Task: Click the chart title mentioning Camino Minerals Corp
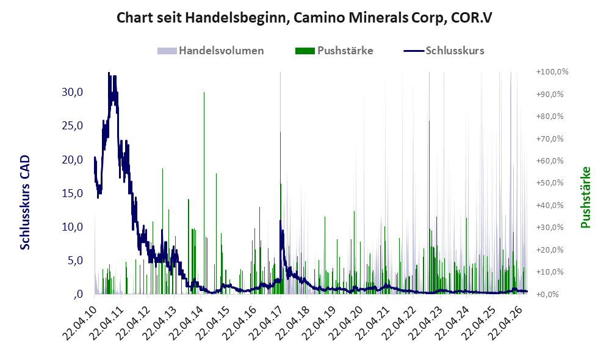pos(304,18)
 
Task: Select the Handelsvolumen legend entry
pos(211,51)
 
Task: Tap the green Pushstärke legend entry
pos(334,51)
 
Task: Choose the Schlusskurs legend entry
pos(444,51)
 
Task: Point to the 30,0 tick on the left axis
pos(72,92)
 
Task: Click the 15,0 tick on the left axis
pos(72,193)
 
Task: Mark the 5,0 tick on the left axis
pos(75,260)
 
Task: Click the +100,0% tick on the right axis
pos(552,72)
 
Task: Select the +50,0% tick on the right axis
pos(550,183)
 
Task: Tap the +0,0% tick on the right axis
pos(547,294)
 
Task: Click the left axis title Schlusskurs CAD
pos(25,203)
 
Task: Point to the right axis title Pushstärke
pos(585,197)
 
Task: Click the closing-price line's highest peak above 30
pos(109,73)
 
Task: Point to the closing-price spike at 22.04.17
pos(280,221)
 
